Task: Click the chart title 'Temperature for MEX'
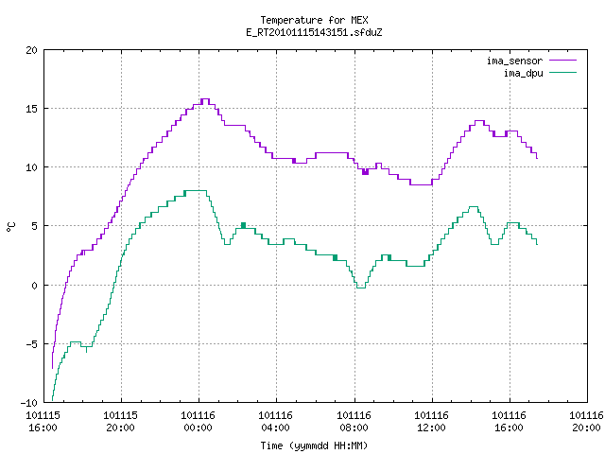314,20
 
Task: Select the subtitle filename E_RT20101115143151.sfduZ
314,32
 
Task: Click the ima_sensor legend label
514,61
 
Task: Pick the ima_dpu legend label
523,73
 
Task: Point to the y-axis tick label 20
31,50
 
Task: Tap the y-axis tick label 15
31,109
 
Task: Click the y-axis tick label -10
29,403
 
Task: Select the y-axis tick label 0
34,286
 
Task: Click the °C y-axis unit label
10,227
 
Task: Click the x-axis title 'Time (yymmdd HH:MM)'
314,445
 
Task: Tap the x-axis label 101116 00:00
198,422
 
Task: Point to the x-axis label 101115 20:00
120,422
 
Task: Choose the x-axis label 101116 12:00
431,422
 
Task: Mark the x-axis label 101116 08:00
354,422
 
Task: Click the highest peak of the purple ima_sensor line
205,99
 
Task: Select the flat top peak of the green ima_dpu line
196,191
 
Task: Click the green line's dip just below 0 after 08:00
361,288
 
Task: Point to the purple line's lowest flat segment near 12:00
421,185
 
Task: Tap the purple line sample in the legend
563,61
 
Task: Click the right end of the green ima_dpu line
537,244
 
